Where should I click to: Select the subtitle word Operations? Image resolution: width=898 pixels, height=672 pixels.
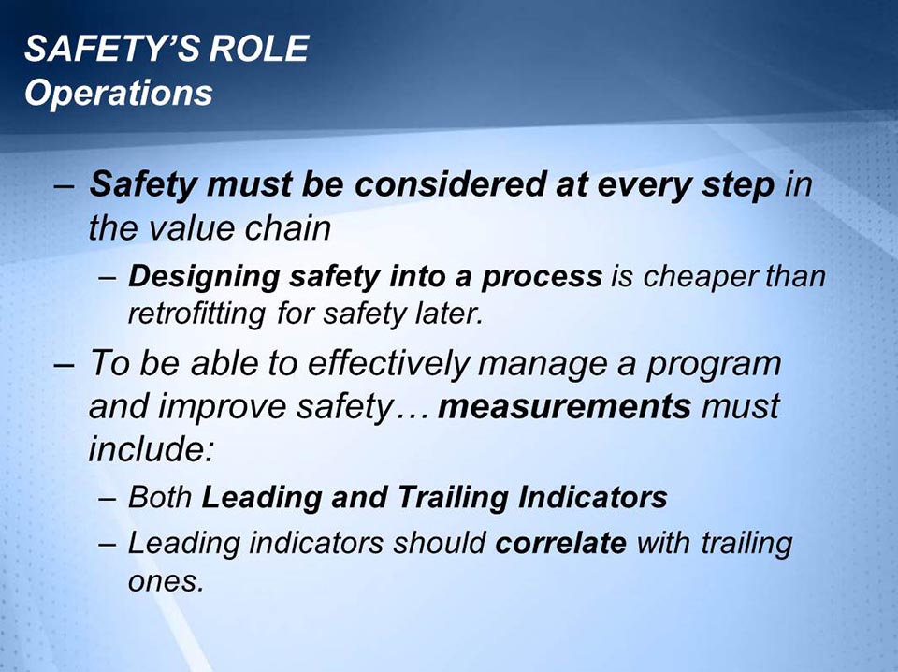(x=118, y=94)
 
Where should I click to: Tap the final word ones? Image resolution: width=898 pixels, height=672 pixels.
(x=165, y=580)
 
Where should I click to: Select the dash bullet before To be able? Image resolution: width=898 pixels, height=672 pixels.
(x=65, y=364)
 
